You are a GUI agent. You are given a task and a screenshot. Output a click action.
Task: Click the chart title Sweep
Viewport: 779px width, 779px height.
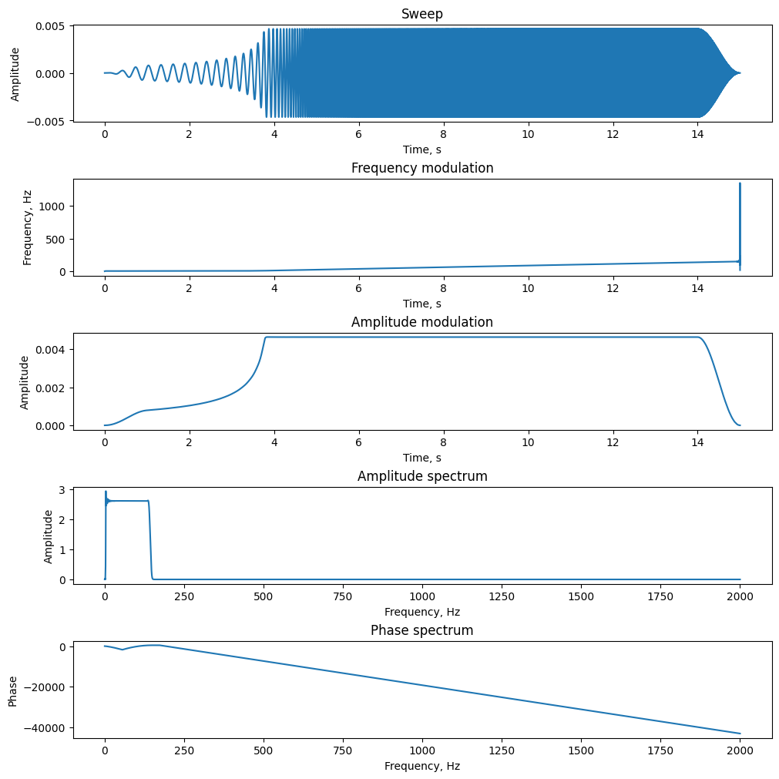(x=421, y=14)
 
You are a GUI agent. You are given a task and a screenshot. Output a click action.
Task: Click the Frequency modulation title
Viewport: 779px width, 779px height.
(x=421, y=168)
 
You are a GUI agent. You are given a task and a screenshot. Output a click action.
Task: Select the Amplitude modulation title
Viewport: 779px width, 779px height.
(x=421, y=322)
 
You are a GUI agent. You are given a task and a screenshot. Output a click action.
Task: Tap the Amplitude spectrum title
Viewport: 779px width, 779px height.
(x=421, y=476)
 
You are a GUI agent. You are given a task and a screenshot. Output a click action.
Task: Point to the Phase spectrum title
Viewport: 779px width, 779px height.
(x=421, y=630)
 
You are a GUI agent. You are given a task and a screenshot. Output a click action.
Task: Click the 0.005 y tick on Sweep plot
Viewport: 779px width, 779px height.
(x=49, y=26)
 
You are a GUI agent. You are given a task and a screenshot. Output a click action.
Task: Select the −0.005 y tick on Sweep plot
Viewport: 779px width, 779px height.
(x=45, y=122)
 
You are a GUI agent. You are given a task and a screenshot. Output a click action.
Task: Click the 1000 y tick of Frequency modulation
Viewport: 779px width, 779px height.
(x=52, y=207)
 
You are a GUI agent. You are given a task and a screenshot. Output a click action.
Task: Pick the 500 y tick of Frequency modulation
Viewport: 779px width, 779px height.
(x=55, y=240)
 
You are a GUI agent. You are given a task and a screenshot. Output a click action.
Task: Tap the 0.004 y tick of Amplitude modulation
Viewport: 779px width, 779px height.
(x=49, y=350)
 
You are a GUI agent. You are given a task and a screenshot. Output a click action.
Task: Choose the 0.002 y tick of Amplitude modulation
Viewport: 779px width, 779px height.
(x=49, y=388)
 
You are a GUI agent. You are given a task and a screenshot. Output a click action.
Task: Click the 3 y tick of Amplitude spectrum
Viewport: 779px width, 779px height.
(x=62, y=490)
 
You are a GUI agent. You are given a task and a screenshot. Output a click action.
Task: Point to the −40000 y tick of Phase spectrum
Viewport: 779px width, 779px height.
(x=45, y=728)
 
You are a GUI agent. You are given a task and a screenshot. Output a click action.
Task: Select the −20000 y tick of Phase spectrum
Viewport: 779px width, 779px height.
(x=45, y=687)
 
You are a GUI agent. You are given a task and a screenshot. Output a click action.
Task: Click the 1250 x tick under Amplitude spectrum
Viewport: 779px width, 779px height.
(x=502, y=596)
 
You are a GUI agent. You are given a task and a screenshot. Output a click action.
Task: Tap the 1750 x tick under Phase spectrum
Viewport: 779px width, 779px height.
(x=660, y=750)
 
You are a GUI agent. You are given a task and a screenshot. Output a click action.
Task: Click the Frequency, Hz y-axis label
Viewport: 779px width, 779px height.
(x=27, y=227)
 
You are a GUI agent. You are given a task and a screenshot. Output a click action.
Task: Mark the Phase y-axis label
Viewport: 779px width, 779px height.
(x=12, y=691)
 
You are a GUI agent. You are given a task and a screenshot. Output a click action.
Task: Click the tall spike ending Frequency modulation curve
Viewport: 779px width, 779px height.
(x=740, y=226)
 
